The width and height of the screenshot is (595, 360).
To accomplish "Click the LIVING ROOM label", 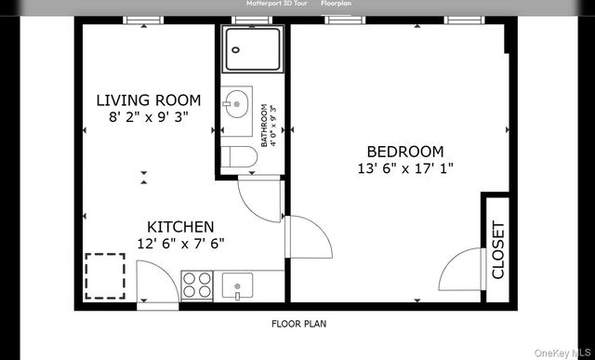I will coord(149,100).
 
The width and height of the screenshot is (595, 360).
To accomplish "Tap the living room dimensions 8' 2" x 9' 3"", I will coord(149,117).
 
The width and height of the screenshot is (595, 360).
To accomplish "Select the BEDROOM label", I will coord(404,152).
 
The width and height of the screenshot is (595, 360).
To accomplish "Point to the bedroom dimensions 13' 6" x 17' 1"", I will coord(404,168).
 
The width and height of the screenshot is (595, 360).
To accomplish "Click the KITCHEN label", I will coord(180,227).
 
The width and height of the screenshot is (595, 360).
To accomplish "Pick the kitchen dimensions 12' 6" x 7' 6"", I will coord(180,244).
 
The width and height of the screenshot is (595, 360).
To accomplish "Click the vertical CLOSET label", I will coord(497,249).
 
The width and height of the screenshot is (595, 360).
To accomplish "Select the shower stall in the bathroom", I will coord(253,49).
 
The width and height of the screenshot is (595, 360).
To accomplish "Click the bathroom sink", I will coord(236,100).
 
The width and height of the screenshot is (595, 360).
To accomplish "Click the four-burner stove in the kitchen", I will coord(197,284).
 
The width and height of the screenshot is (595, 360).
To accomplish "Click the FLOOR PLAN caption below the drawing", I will coord(297,325).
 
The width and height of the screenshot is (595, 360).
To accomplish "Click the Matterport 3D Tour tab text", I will coord(270,4).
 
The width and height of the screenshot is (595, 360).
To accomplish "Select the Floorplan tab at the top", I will coord(336,4).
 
